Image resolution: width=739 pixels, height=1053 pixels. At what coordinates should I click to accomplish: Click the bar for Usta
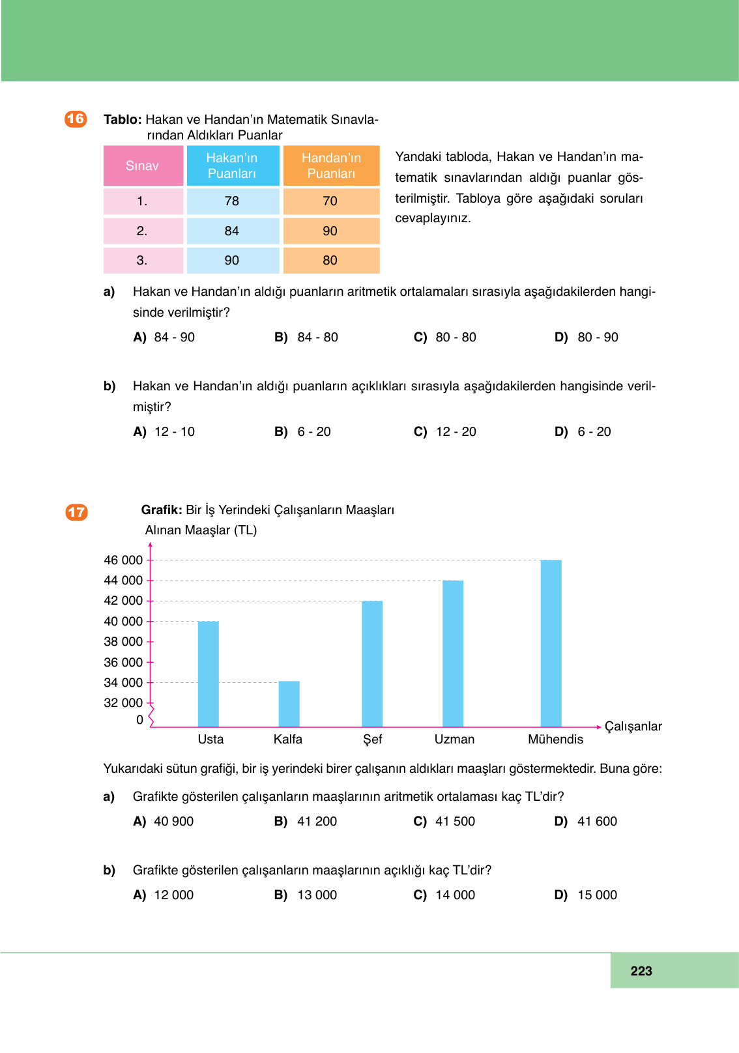pyautogui.click(x=208, y=674)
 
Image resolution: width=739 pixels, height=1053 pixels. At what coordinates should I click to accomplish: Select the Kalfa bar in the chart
pyautogui.click(x=289, y=704)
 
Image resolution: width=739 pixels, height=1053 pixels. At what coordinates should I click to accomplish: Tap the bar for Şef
pyautogui.click(x=372, y=663)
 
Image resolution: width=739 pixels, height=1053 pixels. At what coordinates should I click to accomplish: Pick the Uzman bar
pyautogui.click(x=453, y=653)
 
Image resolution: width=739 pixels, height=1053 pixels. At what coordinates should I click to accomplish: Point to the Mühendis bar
pyautogui.click(x=551, y=643)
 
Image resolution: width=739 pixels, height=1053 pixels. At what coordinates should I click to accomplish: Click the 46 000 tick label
pyautogui.click(x=123, y=560)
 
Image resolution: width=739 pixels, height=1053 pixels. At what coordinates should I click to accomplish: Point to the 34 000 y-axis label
pyautogui.click(x=123, y=683)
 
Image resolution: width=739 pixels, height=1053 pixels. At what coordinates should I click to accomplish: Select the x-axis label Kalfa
pyautogui.click(x=288, y=740)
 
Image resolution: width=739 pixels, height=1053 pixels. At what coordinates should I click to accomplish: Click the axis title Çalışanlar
pyautogui.click(x=633, y=727)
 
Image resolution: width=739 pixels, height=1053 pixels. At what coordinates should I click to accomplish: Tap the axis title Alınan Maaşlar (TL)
pyautogui.click(x=201, y=530)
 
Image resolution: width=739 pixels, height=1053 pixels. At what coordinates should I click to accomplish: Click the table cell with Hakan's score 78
pyautogui.click(x=232, y=201)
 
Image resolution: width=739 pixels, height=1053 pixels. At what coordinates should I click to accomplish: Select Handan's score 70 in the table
pyautogui.click(x=330, y=201)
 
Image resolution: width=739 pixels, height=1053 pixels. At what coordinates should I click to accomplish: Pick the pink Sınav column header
pyautogui.click(x=143, y=166)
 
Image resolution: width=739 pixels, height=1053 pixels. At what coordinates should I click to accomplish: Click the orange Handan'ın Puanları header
pyautogui.click(x=331, y=166)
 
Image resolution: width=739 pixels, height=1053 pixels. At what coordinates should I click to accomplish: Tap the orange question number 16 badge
pyautogui.click(x=76, y=119)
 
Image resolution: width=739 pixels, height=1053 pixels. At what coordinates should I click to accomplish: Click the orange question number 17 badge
pyautogui.click(x=76, y=512)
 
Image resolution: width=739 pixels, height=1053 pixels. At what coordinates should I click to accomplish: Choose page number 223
pyautogui.click(x=641, y=971)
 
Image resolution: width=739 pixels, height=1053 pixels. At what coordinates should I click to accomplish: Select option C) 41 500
pyautogui.click(x=445, y=822)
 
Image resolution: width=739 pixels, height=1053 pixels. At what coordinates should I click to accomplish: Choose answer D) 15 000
pyautogui.click(x=586, y=895)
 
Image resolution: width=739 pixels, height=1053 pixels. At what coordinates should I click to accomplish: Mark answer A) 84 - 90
pyautogui.click(x=164, y=338)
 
